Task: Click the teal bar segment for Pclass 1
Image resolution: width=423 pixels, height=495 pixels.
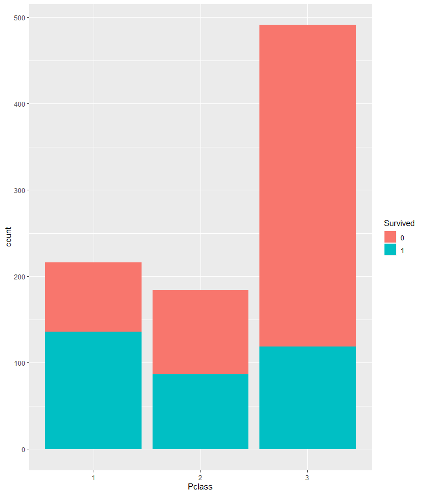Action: tap(93, 390)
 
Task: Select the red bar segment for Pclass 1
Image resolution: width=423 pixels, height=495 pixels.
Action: tap(93, 296)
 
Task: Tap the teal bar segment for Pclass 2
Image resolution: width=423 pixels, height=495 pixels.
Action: tap(200, 411)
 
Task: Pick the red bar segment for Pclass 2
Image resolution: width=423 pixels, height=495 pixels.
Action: tap(200, 332)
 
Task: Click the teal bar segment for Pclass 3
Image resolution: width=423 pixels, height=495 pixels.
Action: tap(307, 397)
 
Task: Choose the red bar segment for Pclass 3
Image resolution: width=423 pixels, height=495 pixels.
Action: tap(307, 185)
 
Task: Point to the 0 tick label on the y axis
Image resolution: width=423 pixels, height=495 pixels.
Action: tap(24, 449)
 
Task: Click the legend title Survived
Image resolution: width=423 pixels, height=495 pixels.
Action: tap(399, 223)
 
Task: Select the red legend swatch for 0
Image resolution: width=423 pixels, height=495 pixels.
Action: tap(390, 237)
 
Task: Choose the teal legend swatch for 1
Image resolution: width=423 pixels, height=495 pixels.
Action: tap(390, 250)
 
